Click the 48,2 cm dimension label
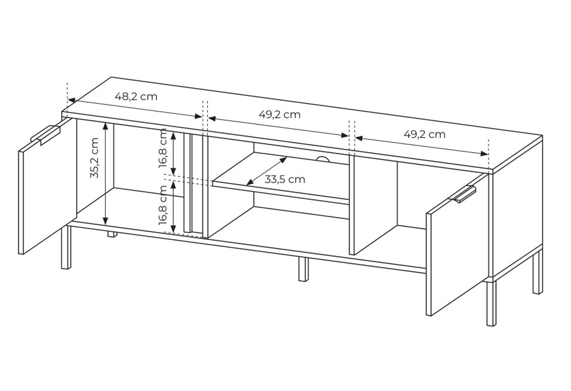coord(136,97)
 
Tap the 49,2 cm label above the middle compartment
coord(280,115)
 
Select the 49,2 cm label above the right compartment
coord(425,134)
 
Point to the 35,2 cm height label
coord(94,158)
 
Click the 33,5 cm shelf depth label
coord(285,180)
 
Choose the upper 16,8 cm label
coord(163,148)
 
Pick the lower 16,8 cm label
coord(163,205)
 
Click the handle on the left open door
coord(45,135)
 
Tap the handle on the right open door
coord(463,194)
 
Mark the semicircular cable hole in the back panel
coord(323,159)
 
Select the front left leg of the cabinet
coord(66,247)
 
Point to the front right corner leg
coord(491,303)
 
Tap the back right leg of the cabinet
coord(538,272)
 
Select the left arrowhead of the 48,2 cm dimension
coord(72,100)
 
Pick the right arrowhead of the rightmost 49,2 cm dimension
coord(484,154)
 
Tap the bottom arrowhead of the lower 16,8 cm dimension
coord(173,229)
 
